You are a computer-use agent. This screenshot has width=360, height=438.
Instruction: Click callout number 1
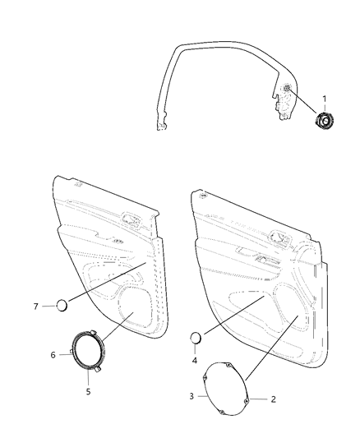pyautogui.click(x=324, y=99)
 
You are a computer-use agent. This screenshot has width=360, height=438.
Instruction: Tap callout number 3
pyautogui.click(x=192, y=396)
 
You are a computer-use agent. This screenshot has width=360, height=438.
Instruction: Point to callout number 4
pyautogui.click(x=196, y=359)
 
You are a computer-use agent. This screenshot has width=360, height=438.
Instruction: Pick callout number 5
pyautogui.click(x=88, y=392)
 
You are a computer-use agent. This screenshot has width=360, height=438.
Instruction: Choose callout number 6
pyautogui.click(x=53, y=354)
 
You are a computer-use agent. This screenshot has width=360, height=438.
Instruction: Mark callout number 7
pyautogui.click(x=36, y=306)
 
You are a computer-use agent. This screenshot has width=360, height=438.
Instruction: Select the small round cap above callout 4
pyautogui.click(x=196, y=337)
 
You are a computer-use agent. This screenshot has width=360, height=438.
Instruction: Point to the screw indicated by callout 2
pyautogui.click(x=247, y=400)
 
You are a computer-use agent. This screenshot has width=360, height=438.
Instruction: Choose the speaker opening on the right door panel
pyautogui.click(x=289, y=305)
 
